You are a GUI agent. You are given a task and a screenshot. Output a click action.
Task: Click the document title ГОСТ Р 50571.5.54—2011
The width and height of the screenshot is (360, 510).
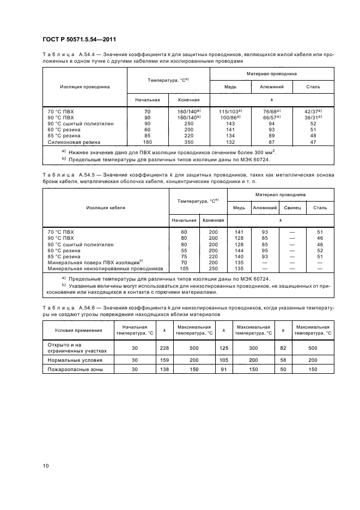point(78,39)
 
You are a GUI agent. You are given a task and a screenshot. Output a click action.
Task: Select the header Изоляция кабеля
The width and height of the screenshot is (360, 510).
point(106,208)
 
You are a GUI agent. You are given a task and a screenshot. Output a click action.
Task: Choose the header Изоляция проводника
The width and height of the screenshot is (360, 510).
point(84,86)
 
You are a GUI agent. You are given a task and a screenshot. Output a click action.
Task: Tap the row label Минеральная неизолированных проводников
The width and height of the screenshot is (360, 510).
point(105,268)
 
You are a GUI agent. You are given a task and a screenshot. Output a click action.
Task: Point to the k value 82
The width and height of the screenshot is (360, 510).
point(282,348)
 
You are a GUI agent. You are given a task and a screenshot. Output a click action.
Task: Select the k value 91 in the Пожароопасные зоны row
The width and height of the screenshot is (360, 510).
point(223,369)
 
